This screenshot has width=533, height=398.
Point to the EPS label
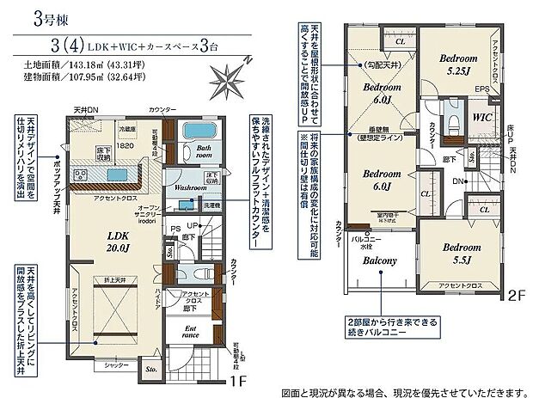[x=483, y=89]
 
